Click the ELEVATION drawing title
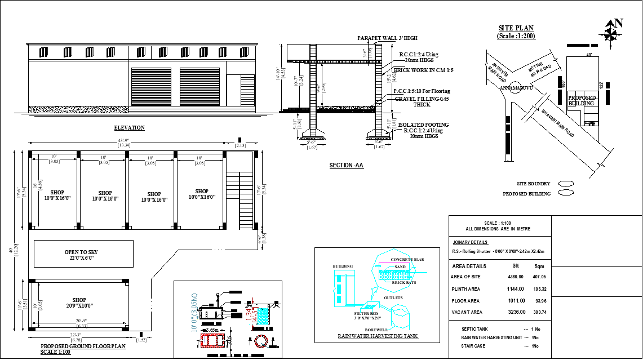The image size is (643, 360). tap(129, 128)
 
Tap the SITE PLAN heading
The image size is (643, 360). tap(516, 28)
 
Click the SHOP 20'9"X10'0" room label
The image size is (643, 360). tap(79, 303)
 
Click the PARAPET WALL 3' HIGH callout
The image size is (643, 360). tap(387, 38)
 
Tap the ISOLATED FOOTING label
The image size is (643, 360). tap(423, 125)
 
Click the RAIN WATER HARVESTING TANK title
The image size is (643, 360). tap(378, 336)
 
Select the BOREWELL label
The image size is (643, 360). tap(375, 330)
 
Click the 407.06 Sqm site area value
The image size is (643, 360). tap(539, 277)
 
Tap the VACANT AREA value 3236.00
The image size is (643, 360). tap(516, 312)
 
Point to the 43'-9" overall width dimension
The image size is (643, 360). tap(124, 140)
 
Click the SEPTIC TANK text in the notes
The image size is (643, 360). tap(475, 329)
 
